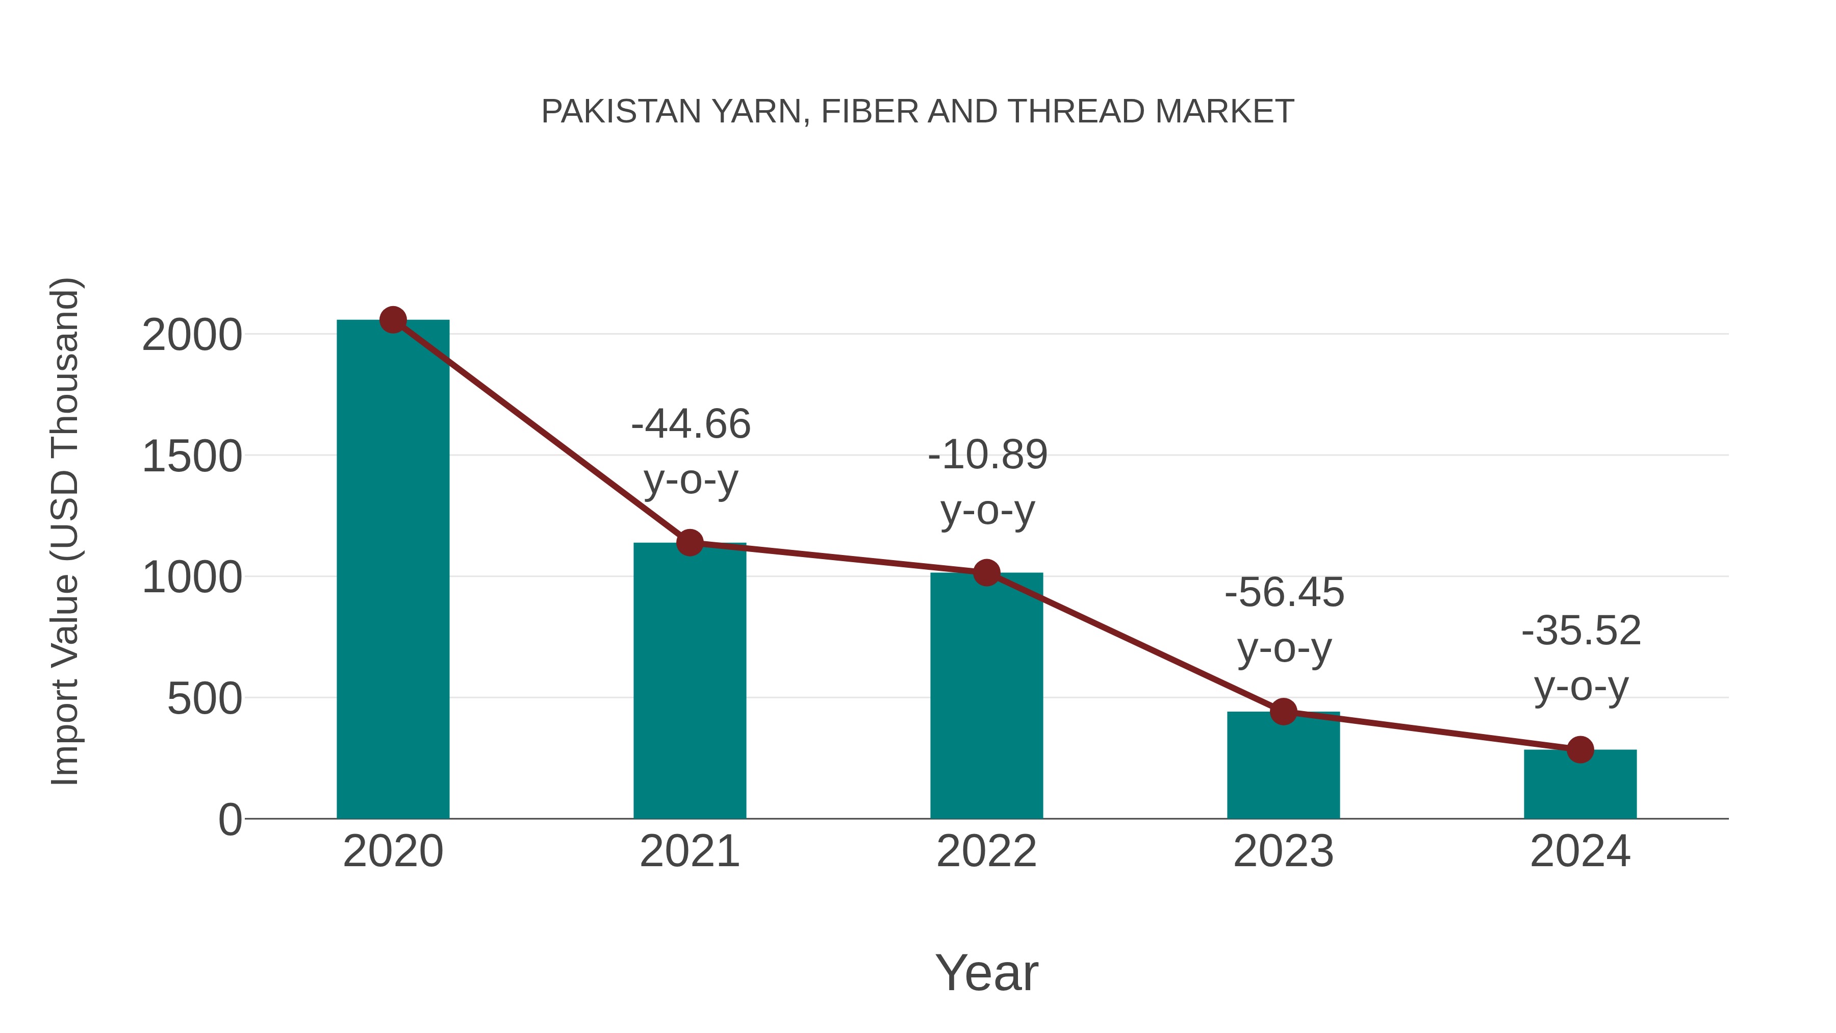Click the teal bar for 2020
393,570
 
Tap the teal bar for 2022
986,696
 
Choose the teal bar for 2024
1580,784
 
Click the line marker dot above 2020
393,320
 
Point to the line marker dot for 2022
986,572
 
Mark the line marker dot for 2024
1580,749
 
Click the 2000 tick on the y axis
192,335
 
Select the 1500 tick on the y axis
192,456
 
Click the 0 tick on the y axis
229,820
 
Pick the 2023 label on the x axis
1283,851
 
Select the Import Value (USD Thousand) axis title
66,531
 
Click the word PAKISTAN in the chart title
621,112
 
